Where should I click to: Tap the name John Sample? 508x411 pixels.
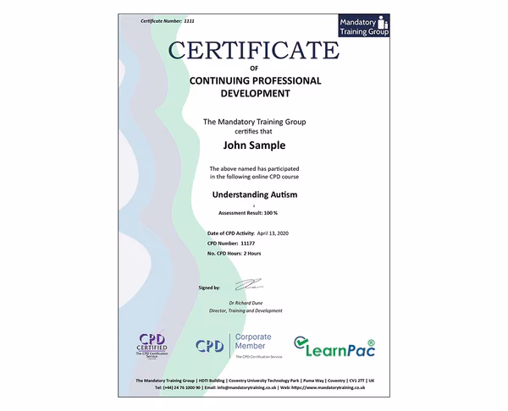[x=253, y=144]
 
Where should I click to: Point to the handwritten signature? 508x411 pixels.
[x=254, y=286]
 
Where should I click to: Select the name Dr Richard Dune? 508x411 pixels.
[x=254, y=302]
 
